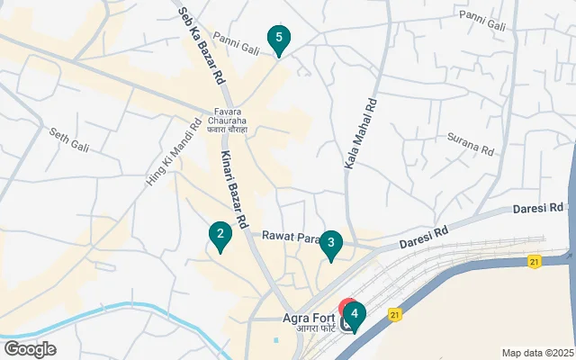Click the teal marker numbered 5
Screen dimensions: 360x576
[x=279, y=39]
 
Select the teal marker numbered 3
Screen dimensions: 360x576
[x=332, y=243]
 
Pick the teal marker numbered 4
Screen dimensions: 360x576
[x=355, y=315]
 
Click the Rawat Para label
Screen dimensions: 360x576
[x=292, y=237]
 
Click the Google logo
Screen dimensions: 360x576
[x=30, y=349]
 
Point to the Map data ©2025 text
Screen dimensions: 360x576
[x=537, y=353]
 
